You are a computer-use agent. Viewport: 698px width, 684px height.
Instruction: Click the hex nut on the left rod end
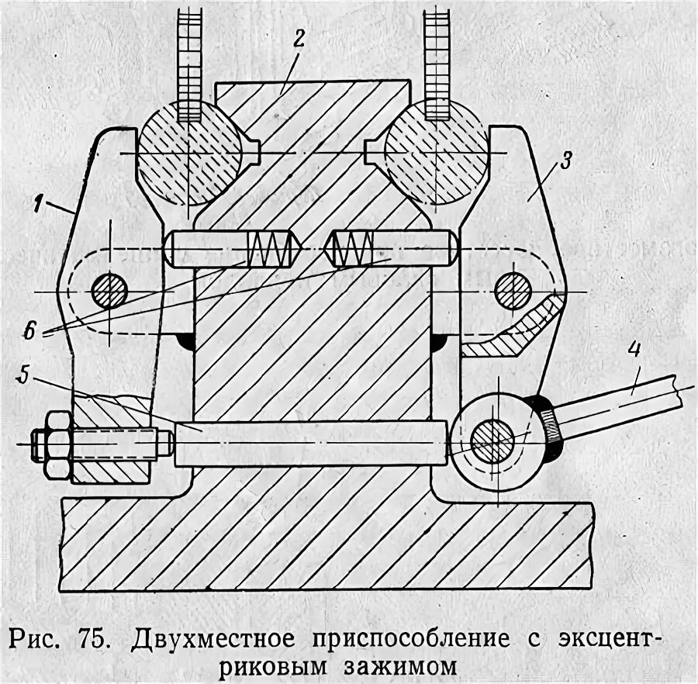pos(57,444)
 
